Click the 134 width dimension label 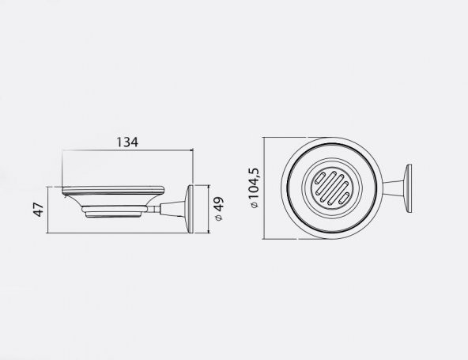pyautogui.click(x=127, y=142)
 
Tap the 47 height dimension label pyautogui.click(x=39, y=210)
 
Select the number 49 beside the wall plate pyautogui.click(x=218, y=204)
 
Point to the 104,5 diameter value pyautogui.click(x=255, y=184)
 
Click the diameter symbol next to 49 pyautogui.click(x=219, y=218)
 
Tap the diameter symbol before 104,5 pyautogui.click(x=255, y=205)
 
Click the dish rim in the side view pyautogui.click(x=113, y=190)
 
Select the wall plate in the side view pyautogui.click(x=190, y=209)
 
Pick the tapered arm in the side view pyautogui.click(x=173, y=208)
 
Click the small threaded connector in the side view pyautogui.click(x=153, y=209)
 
